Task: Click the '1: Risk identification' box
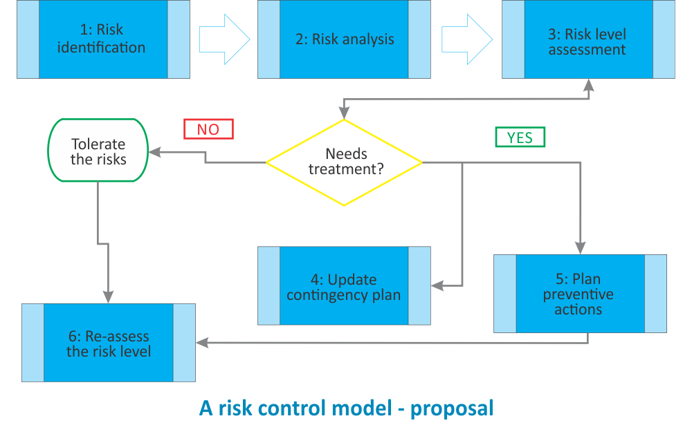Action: coord(103,39)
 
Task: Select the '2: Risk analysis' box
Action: coord(344,39)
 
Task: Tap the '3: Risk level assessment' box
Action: coord(588,41)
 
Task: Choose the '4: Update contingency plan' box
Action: coord(344,286)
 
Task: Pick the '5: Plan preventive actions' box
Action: coord(580,294)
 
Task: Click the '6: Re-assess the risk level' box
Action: coord(109,343)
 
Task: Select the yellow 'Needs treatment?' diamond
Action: coord(344,162)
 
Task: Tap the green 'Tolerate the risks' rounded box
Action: coord(98,151)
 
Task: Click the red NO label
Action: coord(208,129)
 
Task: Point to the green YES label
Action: coord(520,138)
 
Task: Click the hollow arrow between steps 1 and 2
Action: coord(224,39)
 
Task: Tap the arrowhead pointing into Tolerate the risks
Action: coord(156,151)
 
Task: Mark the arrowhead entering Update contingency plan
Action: coord(437,285)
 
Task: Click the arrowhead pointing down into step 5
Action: coord(580,248)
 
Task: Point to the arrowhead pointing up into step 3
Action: coord(588,85)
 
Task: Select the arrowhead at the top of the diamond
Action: coord(344,113)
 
